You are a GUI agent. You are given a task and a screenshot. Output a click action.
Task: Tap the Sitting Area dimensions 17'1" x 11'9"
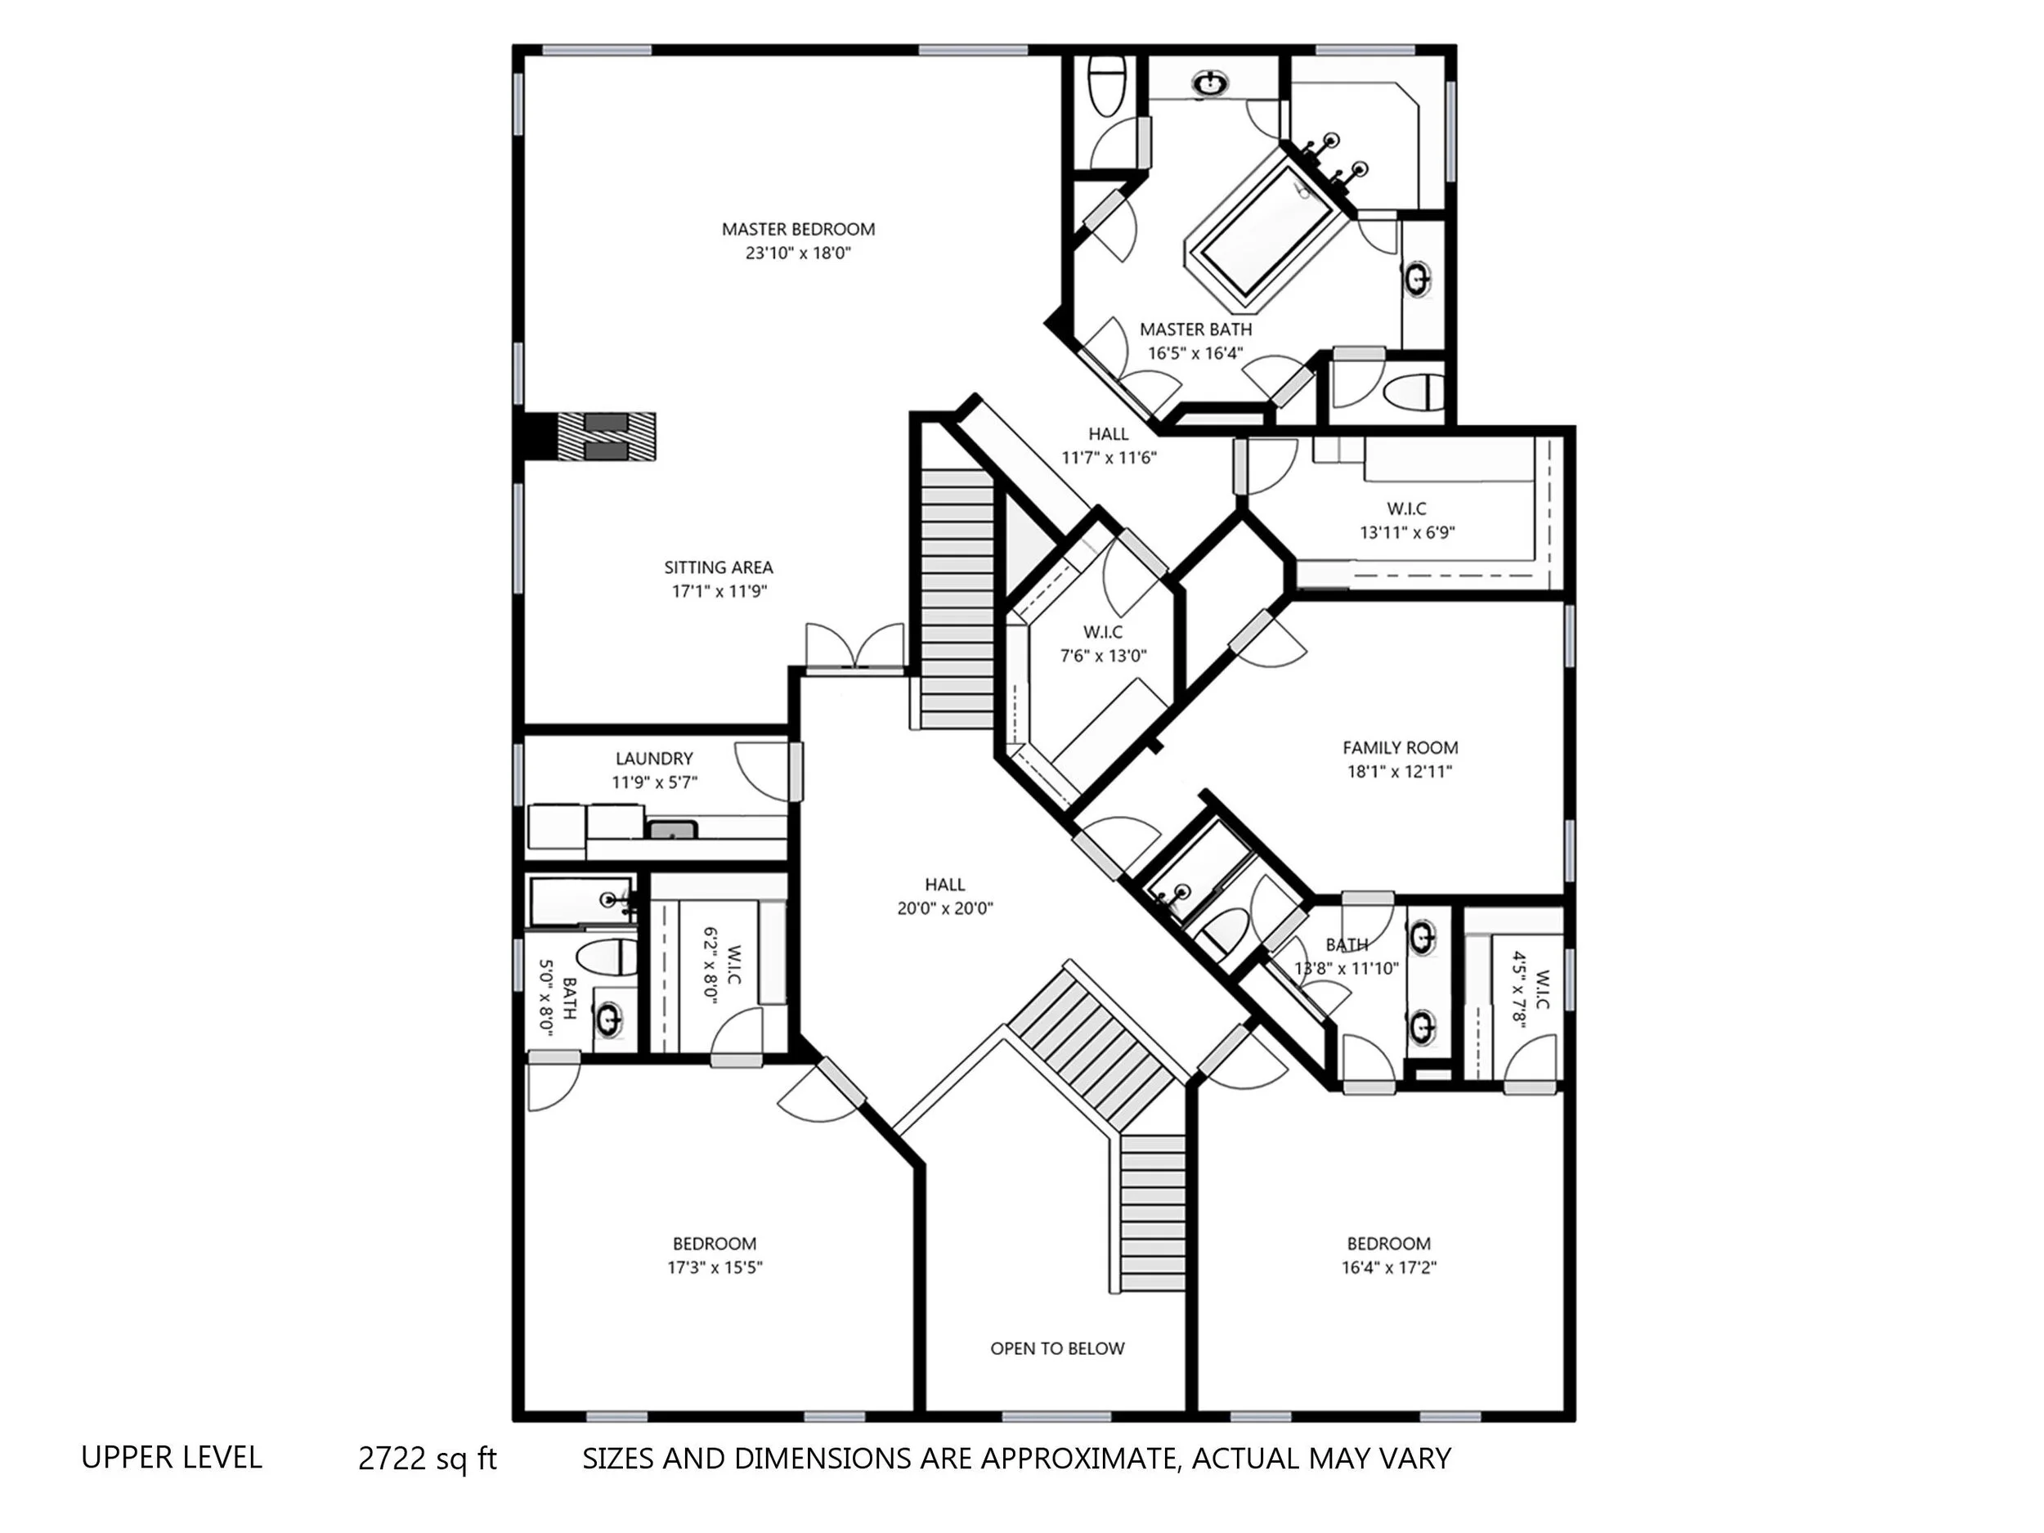pyautogui.click(x=719, y=591)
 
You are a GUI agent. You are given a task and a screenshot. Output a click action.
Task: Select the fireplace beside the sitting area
pyautogui.click(x=606, y=436)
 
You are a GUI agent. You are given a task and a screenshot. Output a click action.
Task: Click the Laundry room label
pyautogui.click(x=654, y=759)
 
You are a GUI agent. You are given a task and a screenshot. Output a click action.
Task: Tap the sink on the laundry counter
pyautogui.click(x=672, y=830)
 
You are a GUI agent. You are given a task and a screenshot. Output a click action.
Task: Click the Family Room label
pyautogui.click(x=1400, y=747)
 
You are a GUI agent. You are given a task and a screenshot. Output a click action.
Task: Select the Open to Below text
pyautogui.click(x=1057, y=1349)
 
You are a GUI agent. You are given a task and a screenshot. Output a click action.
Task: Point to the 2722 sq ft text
pyautogui.click(x=427, y=1458)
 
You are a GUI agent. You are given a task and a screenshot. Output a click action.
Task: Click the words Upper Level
pyautogui.click(x=172, y=1457)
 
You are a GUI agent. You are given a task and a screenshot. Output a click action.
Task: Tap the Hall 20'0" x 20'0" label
pyautogui.click(x=944, y=896)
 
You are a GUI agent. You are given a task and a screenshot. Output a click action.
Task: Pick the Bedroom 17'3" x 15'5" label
pyautogui.click(x=715, y=1256)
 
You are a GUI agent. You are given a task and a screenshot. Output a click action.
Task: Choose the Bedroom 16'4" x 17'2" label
pyautogui.click(x=1389, y=1256)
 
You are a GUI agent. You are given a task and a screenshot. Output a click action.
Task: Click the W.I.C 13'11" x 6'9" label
pyautogui.click(x=1407, y=520)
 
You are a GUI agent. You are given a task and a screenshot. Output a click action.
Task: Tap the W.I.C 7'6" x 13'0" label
pyautogui.click(x=1103, y=644)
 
